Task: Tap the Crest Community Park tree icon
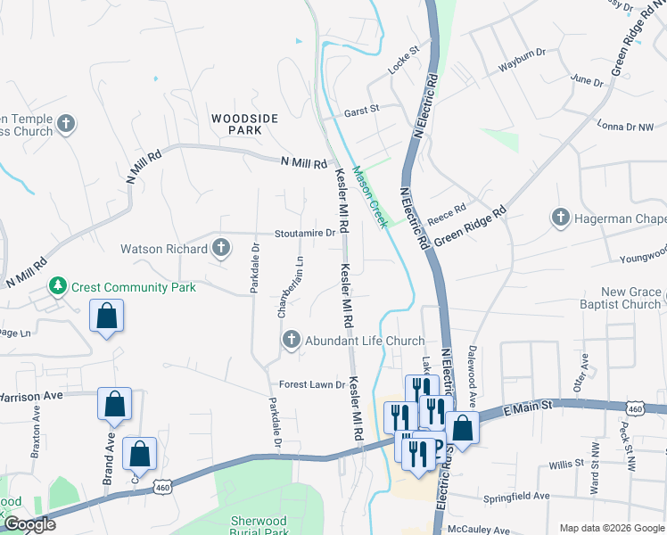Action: click(x=59, y=286)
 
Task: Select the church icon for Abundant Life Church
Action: click(x=291, y=340)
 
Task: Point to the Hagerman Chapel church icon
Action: click(x=560, y=218)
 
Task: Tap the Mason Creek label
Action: click(x=369, y=197)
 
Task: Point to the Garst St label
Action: click(x=362, y=109)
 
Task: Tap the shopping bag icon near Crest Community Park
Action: click(x=107, y=317)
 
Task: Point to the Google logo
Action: click(x=29, y=525)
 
